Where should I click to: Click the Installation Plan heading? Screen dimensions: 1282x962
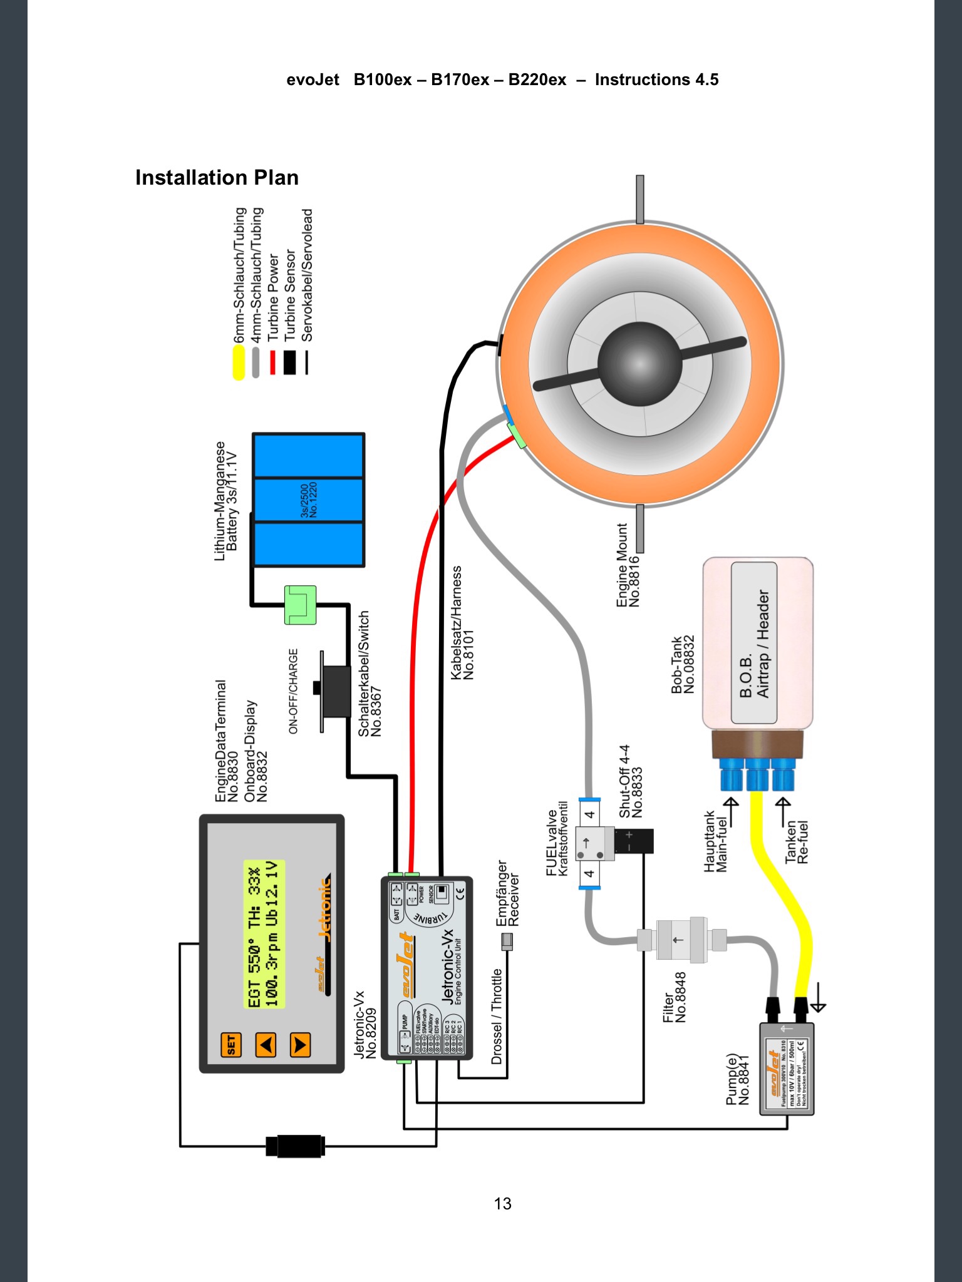[x=217, y=178]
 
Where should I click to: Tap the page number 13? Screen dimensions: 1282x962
[x=502, y=1204]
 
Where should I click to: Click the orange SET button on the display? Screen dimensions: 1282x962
[x=230, y=1044]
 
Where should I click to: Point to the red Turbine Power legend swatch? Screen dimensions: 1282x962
[x=272, y=362]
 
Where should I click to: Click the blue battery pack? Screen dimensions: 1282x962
[x=309, y=500]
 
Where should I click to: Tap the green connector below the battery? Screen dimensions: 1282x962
[x=300, y=605]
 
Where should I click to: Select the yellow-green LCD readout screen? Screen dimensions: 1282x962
[x=264, y=934]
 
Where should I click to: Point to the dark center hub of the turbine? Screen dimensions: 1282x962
[x=639, y=363]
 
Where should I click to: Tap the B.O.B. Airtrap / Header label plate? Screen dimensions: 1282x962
[x=754, y=643]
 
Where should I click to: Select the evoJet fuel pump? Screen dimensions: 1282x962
[x=787, y=1069]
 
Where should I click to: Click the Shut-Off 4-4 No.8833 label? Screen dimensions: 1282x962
[x=631, y=781]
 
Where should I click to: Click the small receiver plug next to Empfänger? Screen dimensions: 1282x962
[x=507, y=941]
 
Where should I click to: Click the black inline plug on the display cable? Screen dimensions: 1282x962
[x=294, y=1146]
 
